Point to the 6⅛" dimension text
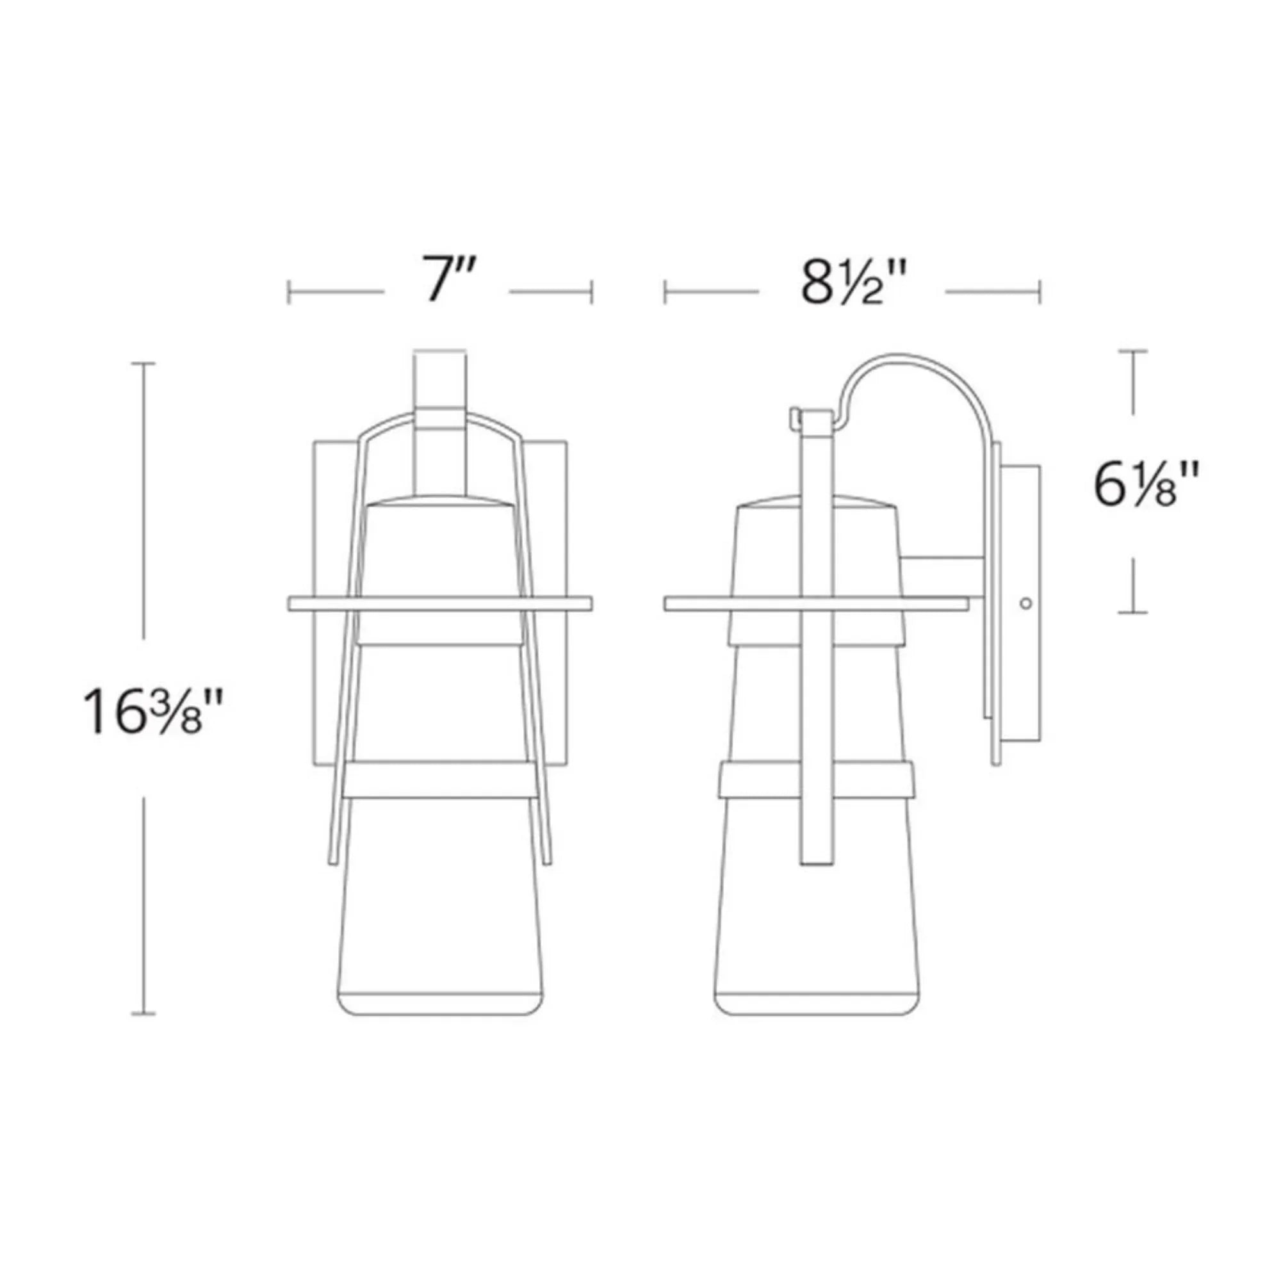1146,485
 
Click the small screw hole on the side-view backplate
1025,603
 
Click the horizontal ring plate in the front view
439,603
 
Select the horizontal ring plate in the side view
815,603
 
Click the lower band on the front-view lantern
439,779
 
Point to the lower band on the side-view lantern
816,779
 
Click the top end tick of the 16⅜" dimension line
143,363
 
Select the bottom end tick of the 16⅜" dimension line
143,1032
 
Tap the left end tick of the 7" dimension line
289,291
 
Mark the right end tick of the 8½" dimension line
1040,291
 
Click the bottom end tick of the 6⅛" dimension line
1132,611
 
